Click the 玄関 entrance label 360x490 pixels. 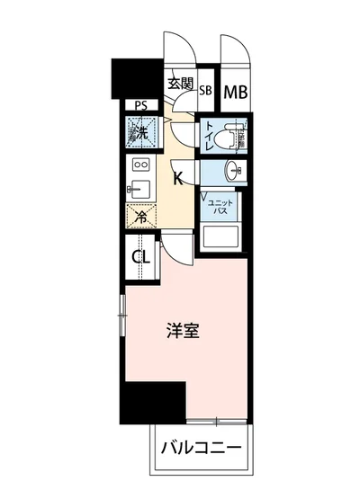tap(180, 85)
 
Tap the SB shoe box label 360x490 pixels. tap(205, 90)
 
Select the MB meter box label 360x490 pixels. tap(235, 91)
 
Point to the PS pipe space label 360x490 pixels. tap(140, 105)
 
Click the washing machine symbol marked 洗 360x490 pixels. tap(142, 133)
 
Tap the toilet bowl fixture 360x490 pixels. tap(235, 136)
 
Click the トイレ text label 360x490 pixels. tap(211, 135)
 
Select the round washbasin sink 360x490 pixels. tap(236, 171)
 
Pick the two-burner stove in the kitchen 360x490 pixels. tap(140, 165)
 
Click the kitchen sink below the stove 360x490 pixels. tap(139, 189)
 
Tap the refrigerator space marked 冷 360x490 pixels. tap(141, 215)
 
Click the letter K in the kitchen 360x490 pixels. tap(179, 178)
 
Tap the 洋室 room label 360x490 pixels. tap(183, 331)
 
